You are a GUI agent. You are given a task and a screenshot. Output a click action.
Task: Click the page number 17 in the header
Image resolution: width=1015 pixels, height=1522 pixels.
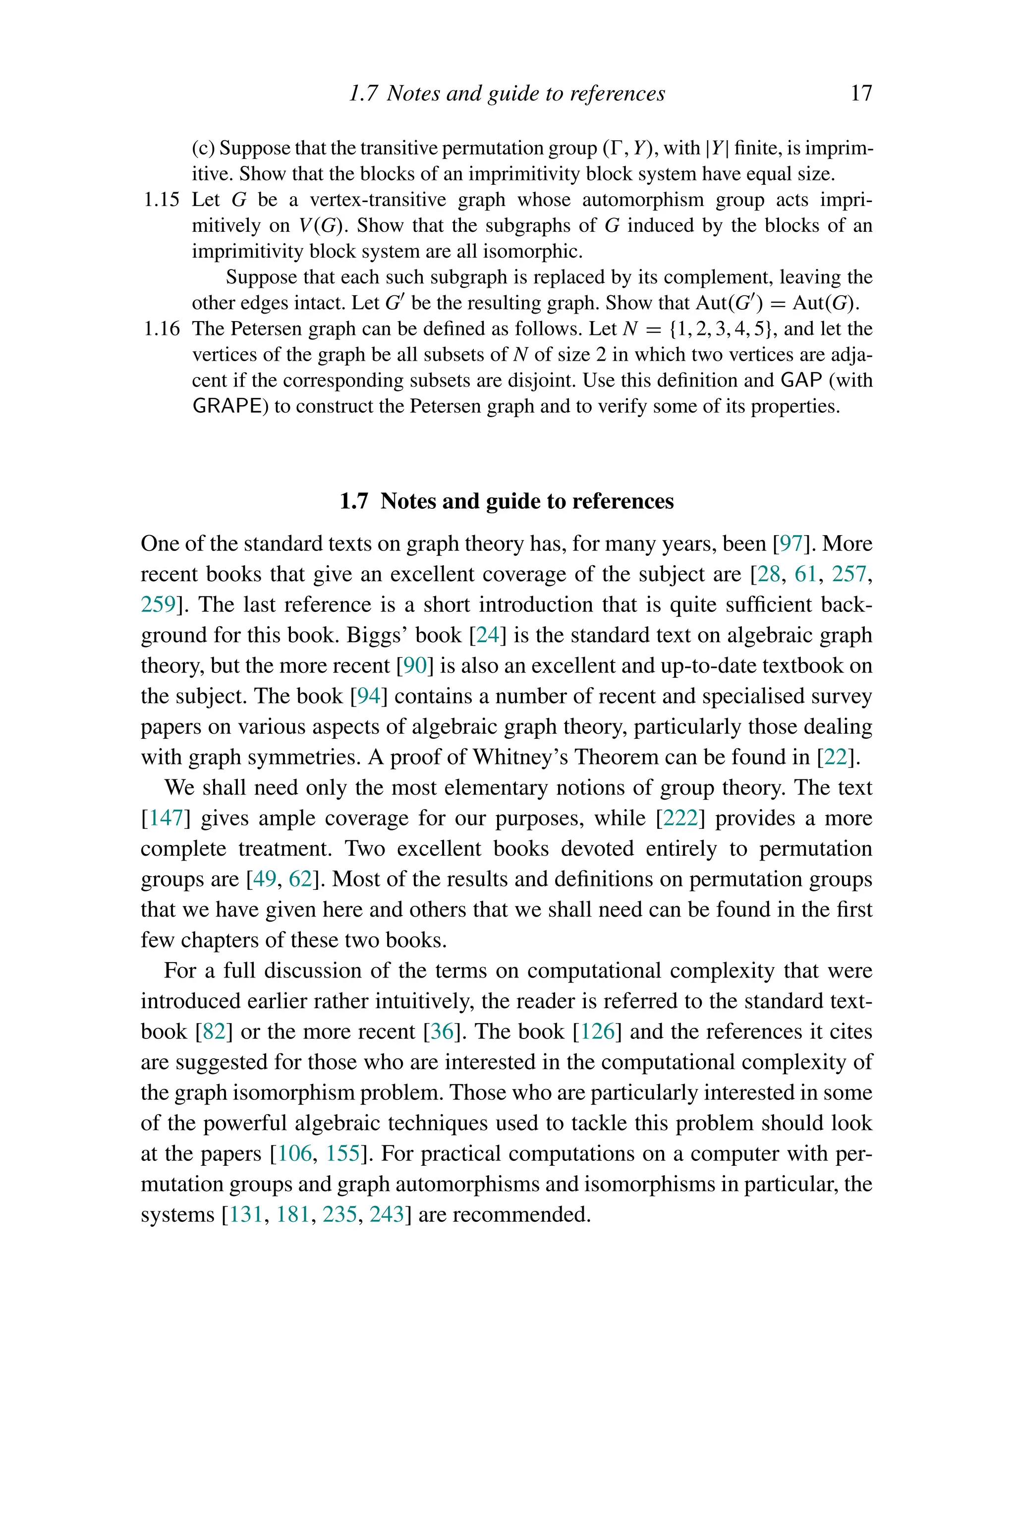pos(861,94)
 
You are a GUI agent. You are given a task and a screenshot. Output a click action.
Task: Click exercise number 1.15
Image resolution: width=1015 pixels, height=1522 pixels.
pos(161,200)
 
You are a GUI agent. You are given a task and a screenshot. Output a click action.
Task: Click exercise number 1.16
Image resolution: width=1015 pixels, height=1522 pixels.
pos(161,329)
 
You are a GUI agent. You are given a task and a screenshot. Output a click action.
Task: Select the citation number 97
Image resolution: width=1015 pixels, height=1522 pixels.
pos(791,544)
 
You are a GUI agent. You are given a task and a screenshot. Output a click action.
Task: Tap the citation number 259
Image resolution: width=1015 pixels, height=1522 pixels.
pos(158,604)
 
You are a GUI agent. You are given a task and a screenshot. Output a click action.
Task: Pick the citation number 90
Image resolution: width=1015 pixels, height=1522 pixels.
pos(414,666)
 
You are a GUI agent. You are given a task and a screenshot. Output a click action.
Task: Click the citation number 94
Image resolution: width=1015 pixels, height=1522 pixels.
pos(368,696)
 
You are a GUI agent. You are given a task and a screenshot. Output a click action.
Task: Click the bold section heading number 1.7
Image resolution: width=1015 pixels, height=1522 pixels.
pos(354,501)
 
